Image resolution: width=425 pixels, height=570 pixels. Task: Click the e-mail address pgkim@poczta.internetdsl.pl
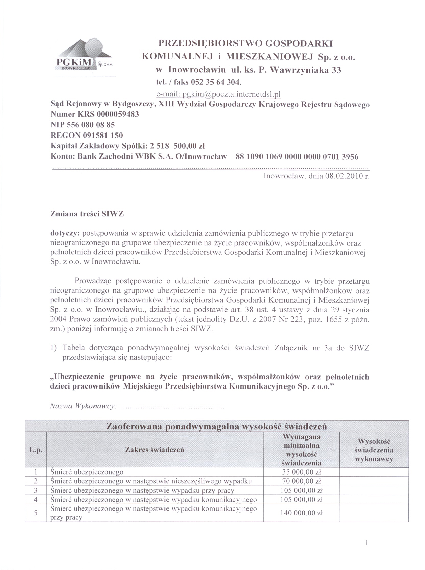218,94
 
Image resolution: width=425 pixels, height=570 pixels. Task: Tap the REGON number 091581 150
103,135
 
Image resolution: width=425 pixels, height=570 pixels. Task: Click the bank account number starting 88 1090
297,156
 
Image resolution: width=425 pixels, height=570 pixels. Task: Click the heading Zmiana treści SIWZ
87,214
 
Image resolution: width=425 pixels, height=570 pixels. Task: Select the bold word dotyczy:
65,233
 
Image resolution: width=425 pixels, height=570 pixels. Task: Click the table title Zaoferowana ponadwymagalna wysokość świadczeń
216,427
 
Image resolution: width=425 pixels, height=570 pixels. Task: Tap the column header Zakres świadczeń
154,450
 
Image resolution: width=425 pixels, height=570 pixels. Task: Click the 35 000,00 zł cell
301,472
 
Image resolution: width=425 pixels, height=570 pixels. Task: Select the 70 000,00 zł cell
301,481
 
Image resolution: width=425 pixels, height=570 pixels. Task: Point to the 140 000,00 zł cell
301,513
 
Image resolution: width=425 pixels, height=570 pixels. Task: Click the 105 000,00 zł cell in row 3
301,491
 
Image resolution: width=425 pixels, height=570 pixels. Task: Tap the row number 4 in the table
36,500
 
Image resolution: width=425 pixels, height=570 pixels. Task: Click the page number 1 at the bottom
367,543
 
